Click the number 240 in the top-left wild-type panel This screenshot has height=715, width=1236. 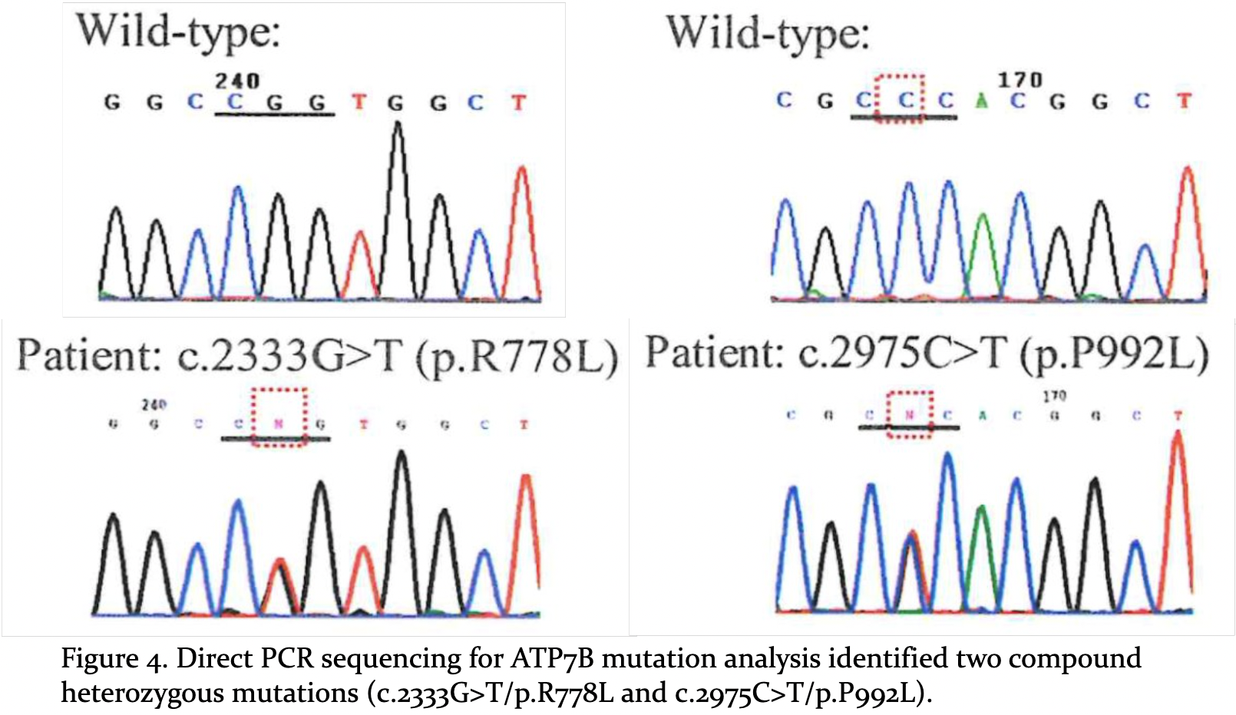237,81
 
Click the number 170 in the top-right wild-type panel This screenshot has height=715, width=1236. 1020,80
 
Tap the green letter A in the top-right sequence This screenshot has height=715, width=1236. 981,100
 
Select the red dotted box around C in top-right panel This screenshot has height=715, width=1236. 901,97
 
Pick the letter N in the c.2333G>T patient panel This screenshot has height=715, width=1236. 279,423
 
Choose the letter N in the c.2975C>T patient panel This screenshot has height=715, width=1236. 910,415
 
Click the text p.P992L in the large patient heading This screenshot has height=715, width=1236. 1115,354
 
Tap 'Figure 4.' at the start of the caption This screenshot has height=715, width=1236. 112,658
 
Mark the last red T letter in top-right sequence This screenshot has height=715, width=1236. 1185,100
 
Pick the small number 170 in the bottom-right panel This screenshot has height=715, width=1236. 1054,396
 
